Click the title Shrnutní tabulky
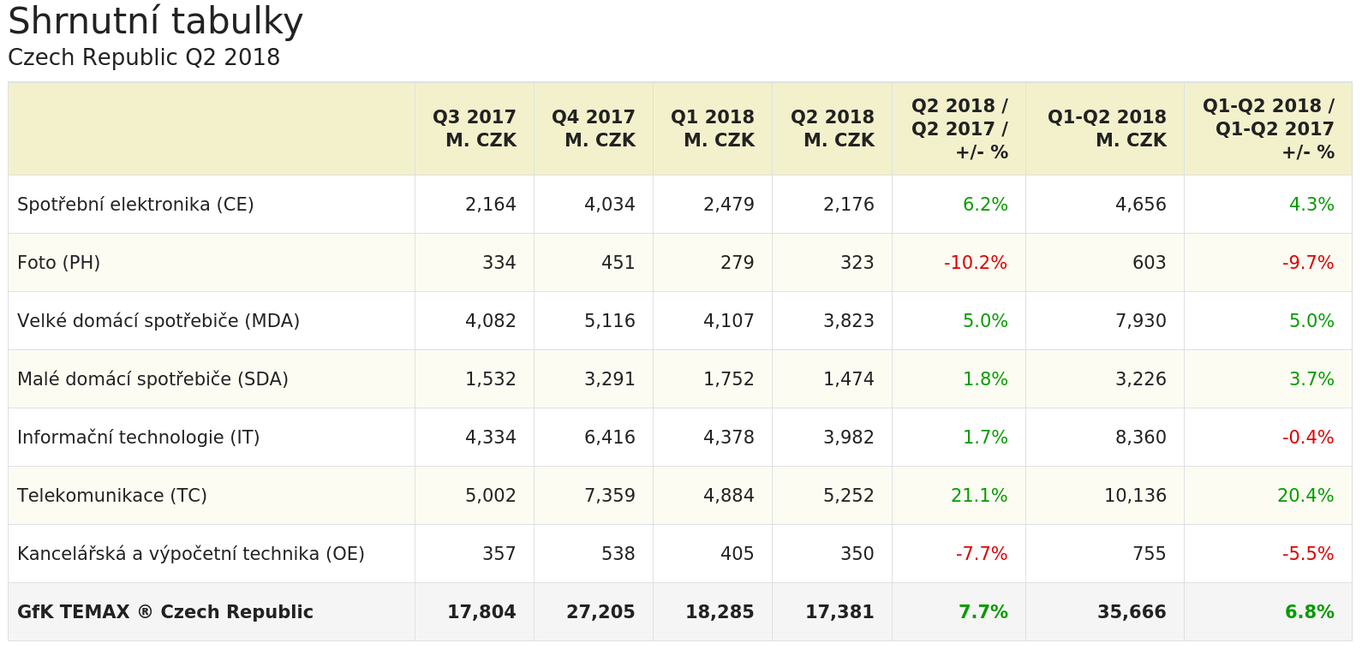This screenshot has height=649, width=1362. tap(155, 22)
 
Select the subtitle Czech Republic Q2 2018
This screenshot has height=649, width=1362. tap(144, 57)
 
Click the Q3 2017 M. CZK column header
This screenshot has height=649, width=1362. tap(475, 128)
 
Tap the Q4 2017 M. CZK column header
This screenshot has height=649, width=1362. tap(594, 128)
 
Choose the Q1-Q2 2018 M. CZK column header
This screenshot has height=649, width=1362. tap(1107, 128)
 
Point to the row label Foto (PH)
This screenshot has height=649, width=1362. tap(59, 263)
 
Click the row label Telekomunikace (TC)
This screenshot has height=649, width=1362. tap(112, 496)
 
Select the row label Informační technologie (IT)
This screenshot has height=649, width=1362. tap(139, 438)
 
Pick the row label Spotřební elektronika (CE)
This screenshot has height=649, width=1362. tap(135, 205)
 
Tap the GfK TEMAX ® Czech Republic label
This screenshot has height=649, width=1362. tap(165, 612)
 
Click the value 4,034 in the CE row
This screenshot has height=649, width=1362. tap(610, 205)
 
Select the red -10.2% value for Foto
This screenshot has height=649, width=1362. tap(976, 263)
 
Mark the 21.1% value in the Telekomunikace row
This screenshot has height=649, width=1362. tap(979, 496)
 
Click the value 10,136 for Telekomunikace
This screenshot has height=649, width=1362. tap(1135, 496)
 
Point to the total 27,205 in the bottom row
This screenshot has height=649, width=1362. tap(600, 612)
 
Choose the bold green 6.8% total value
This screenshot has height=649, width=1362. tap(1310, 612)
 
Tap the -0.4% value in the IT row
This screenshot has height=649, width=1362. tap(1308, 438)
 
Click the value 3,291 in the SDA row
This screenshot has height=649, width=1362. tap(610, 379)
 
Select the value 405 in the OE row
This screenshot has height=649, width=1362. tap(738, 554)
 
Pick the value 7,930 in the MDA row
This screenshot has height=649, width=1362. tap(1141, 321)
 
